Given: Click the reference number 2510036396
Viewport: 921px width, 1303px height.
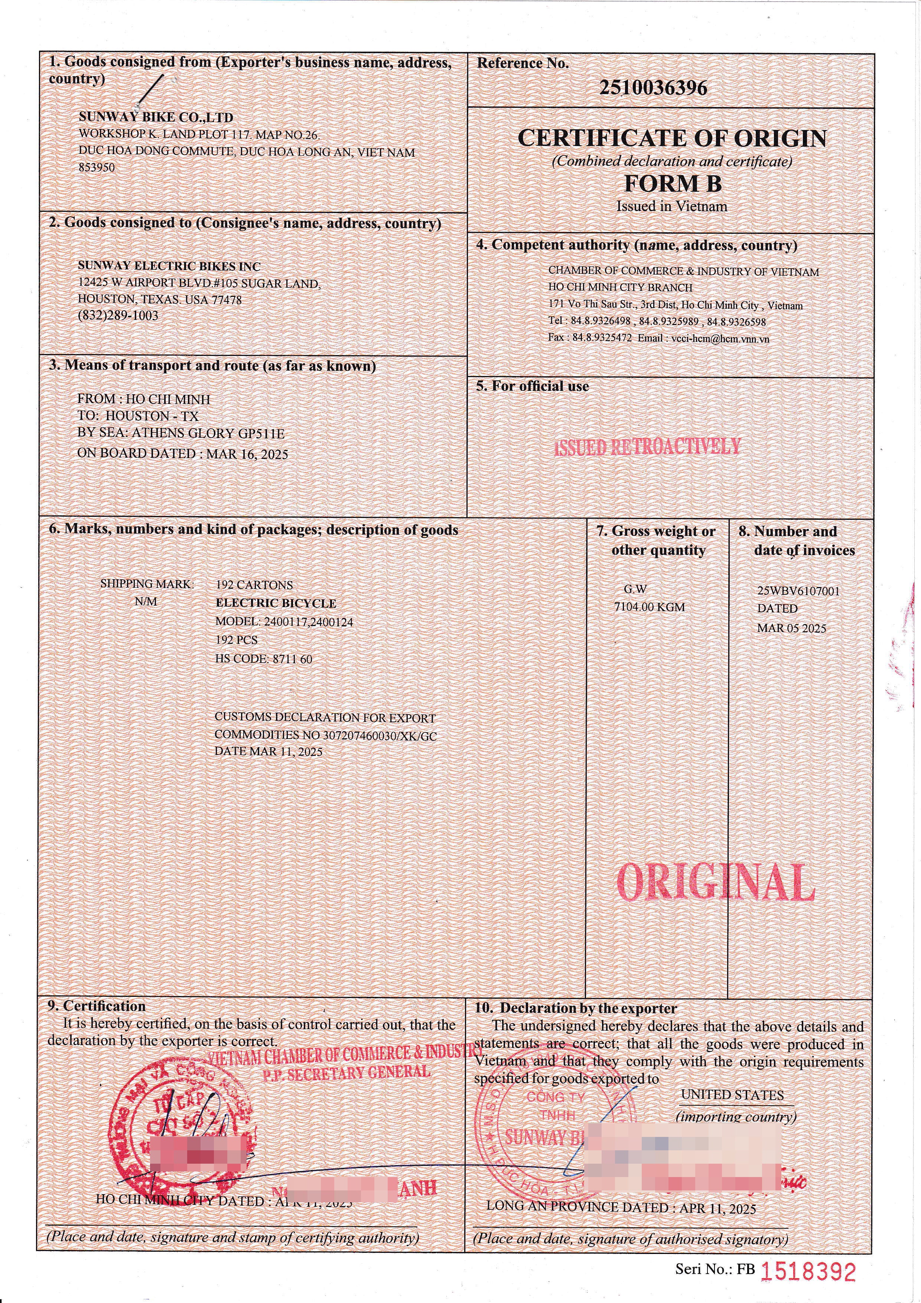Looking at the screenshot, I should click(653, 88).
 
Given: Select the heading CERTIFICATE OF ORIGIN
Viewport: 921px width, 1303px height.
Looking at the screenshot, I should click(672, 138).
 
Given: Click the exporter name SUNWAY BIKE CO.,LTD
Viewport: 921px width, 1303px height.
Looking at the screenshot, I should click(156, 117).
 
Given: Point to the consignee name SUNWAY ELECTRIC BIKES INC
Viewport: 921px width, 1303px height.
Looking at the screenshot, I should click(169, 266).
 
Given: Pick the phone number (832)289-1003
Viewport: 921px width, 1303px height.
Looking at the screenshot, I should click(118, 315).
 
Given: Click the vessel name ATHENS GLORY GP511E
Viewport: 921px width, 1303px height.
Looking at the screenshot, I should click(208, 434).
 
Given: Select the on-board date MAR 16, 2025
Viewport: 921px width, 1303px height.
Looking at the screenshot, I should click(247, 454).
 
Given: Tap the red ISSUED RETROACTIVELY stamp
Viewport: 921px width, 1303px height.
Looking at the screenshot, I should click(647, 447).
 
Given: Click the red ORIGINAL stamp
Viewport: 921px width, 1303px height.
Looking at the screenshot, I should click(715, 882).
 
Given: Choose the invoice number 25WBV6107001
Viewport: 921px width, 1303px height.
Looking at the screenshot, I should click(798, 591).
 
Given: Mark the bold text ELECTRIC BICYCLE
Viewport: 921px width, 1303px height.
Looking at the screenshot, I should click(276, 603).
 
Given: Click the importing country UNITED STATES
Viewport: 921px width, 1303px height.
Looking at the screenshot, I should click(732, 1095).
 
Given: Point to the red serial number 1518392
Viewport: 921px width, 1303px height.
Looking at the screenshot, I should click(808, 1273).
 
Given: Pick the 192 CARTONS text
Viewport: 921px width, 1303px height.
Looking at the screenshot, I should click(254, 585).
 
